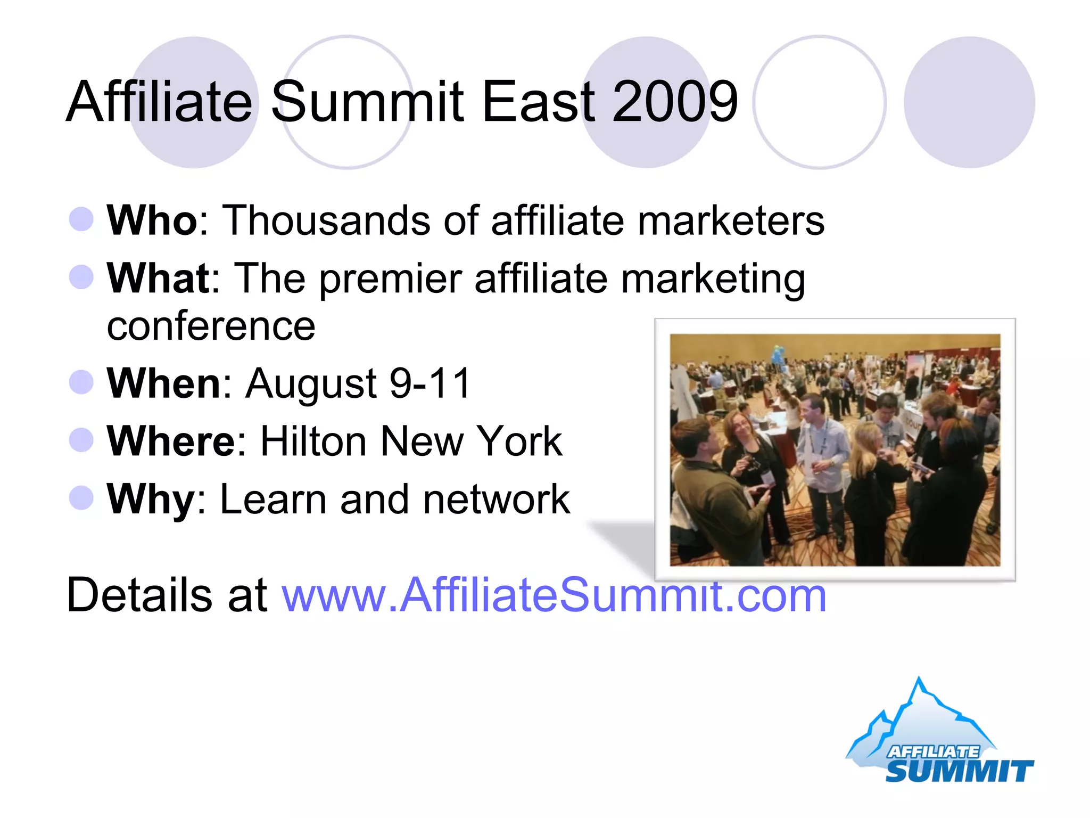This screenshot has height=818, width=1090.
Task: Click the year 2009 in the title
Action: [675, 101]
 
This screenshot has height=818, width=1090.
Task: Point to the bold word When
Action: [164, 383]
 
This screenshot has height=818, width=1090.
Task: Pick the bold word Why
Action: [151, 499]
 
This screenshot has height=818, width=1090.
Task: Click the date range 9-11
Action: [430, 383]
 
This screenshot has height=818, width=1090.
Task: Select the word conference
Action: [211, 326]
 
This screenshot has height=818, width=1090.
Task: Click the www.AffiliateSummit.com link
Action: [554, 595]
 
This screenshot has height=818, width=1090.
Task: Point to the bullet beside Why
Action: [81, 498]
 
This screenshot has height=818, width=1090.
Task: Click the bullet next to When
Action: [81, 382]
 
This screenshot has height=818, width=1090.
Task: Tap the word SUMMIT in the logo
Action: [959, 771]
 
